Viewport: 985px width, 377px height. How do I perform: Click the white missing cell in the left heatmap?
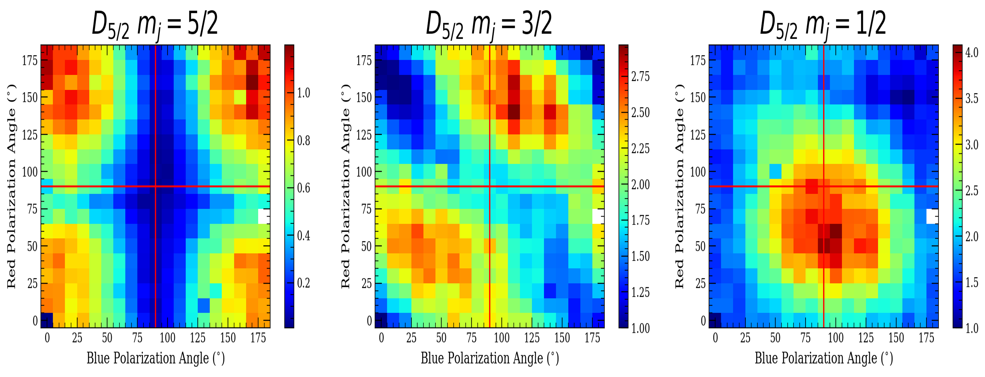coord(264,216)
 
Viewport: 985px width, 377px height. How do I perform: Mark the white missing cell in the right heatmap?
coord(932,216)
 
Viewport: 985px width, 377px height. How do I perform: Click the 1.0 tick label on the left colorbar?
coord(304,93)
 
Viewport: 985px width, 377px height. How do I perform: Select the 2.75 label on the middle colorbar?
coord(640,76)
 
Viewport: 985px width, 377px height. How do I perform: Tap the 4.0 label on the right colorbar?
coord(972,52)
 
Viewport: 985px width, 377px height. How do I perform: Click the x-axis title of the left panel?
coord(155,358)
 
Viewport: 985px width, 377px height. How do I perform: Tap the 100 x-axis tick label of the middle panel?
coord(501,338)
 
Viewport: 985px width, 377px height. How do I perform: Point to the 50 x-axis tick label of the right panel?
coord(775,338)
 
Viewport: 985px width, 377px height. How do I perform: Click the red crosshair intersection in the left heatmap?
coord(156,186)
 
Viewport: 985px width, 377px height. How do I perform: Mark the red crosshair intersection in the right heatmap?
coord(823,186)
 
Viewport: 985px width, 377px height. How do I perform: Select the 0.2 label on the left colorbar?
coord(304,283)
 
